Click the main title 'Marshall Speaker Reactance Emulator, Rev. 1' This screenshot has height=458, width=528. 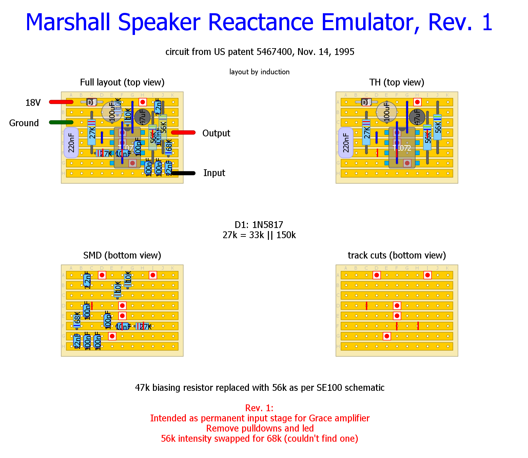259,22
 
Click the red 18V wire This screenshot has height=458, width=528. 61,102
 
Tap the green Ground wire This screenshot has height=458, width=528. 61,122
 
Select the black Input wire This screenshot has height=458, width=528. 183,173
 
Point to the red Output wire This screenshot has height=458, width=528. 183,133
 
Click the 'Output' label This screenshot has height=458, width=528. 216,133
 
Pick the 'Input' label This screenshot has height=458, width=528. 214,173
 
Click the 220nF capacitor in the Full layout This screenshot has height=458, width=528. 71,143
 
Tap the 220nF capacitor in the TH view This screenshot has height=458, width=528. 346,143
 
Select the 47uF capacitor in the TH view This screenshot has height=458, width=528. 417,117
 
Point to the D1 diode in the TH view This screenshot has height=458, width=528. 366,102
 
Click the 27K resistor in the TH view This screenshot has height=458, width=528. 366,132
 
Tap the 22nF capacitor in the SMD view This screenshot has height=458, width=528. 77,341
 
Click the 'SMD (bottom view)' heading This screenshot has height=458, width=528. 122,255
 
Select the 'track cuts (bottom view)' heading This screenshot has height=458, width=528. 397,255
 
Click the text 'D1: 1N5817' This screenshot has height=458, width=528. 259,225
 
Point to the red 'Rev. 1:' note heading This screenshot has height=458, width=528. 259,408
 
